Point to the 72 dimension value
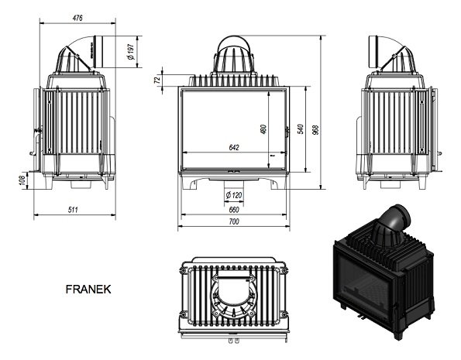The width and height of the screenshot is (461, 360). coord(157,78)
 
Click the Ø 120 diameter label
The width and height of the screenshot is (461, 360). coord(233,194)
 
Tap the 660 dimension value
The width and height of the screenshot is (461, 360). coord(233,209)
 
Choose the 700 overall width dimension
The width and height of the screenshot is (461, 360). coord(233,222)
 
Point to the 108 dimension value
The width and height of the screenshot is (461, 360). coord(22,180)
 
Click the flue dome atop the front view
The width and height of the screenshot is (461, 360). coord(233,56)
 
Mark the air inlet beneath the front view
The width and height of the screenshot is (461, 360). coord(233,182)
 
